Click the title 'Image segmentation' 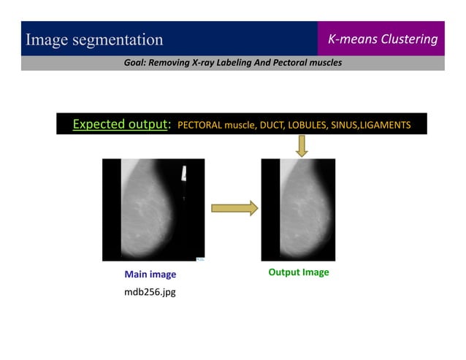pos(94,39)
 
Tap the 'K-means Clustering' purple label pos(382,39)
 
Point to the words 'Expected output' pos(120,124)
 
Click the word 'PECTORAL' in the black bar pos(199,125)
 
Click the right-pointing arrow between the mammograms pos(234,209)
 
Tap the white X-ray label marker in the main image pos(184,174)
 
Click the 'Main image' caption pos(150,275)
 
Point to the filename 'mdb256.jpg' pos(150,292)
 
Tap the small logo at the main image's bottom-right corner pos(201,258)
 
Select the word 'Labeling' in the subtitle pos(231,63)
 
